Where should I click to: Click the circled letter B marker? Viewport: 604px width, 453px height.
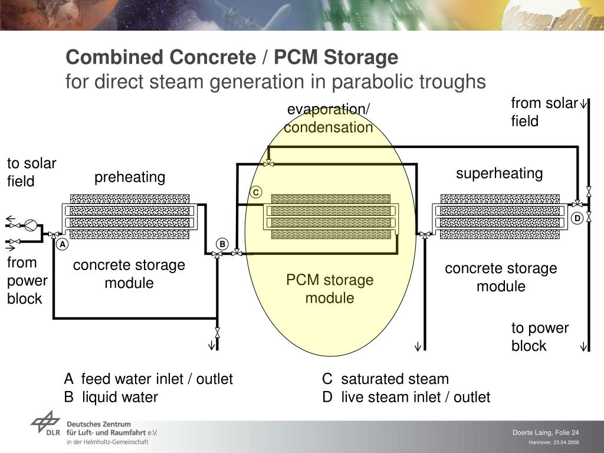[x=222, y=244]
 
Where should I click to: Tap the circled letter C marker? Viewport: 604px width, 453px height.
[x=255, y=193]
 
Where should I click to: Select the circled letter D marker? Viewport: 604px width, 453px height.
[x=577, y=219]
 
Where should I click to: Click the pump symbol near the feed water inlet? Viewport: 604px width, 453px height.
[x=31, y=225]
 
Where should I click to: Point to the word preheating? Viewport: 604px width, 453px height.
[x=130, y=177]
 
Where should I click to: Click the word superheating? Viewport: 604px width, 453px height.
[x=499, y=173]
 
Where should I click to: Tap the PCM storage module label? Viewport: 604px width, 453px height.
[x=330, y=288]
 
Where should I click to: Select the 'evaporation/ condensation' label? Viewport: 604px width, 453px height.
[x=329, y=119]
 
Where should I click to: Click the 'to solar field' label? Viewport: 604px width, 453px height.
[x=31, y=172]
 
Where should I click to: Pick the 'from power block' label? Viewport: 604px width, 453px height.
[x=27, y=280]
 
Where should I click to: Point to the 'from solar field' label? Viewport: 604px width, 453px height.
[x=544, y=112]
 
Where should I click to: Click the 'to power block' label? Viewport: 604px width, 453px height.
[x=540, y=337]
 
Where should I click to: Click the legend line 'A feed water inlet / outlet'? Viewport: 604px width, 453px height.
[x=149, y=379]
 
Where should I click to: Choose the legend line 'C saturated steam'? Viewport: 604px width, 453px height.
[x=385, y=379]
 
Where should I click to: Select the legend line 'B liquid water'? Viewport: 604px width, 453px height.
[x=111, y=397]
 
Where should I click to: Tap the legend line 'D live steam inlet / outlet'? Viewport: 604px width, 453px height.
[x=406, y=397]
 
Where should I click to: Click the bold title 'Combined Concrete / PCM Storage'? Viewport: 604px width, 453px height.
[x=232, y=58]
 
